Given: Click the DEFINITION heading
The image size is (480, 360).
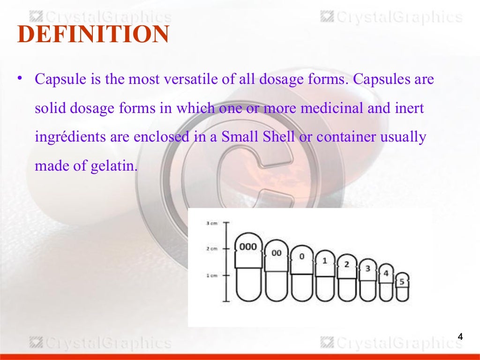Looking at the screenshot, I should click(x=93, y=35).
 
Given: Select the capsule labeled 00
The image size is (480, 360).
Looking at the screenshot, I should click(x=277, y=270).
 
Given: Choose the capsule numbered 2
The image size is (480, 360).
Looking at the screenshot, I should click(x=347, y=278).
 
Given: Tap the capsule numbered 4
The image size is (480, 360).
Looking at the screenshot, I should click(x=386, y=283).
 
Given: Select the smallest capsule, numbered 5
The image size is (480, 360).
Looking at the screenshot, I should click(x=402, y=286).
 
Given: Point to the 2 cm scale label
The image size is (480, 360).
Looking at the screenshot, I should click(x=211, y=249).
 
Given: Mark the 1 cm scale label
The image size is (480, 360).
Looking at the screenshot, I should click(x=211, y=276).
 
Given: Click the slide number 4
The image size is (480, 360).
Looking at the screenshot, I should click(x=460, y=337).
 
